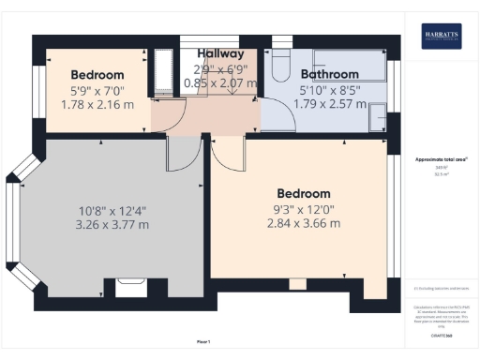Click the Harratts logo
tap(440, 36)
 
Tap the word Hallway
tap(219, 54)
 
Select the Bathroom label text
tap(329, 74)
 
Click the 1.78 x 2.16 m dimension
tap(97, 103)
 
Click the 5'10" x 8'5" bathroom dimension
tap(329, 90)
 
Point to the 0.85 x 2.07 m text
tap(219, 83)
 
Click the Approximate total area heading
tap(441, 160)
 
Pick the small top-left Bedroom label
tap(97, 75)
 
